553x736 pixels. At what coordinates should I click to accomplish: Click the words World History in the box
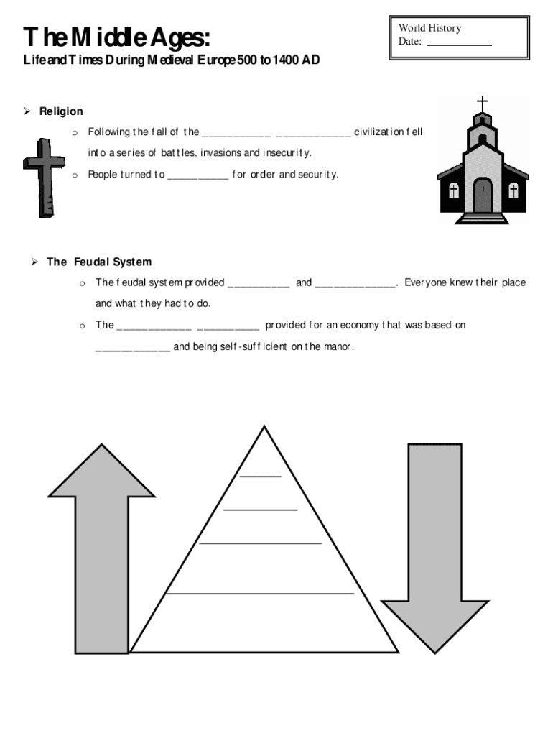(429, 28)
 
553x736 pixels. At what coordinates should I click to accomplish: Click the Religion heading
(61, 111)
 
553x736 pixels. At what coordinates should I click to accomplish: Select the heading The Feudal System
(99, 262)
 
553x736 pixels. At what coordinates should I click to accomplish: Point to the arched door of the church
(483, 195)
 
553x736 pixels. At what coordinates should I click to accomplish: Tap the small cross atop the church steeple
(482, 102)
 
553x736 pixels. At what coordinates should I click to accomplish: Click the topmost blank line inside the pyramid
(261, 477)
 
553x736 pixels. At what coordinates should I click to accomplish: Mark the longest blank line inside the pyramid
(260, 594)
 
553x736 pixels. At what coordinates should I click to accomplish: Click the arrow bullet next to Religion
(27, 111)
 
